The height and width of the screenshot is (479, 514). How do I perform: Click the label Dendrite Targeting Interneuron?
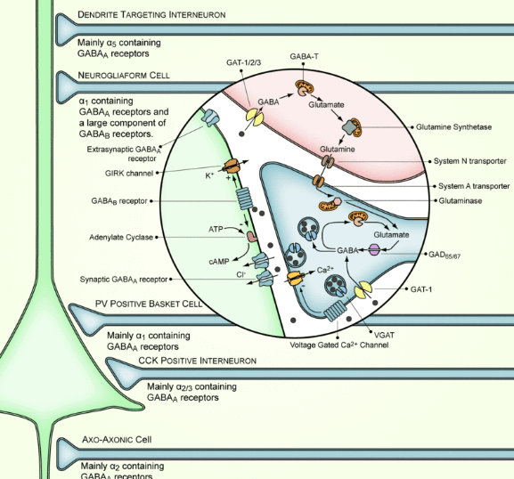[151, 15]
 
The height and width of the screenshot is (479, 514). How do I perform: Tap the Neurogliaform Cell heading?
[124, 76]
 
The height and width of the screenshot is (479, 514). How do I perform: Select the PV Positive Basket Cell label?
[149, 304]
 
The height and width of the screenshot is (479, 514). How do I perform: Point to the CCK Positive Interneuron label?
[198, 361]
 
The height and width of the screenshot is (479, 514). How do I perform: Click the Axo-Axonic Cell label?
[117, 439]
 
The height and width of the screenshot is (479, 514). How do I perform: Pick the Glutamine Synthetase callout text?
[453, 127]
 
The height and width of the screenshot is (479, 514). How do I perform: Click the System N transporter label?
[470, 161]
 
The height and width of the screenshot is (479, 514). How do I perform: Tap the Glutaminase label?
[461, 201]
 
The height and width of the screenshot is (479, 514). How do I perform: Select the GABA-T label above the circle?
[304, 57]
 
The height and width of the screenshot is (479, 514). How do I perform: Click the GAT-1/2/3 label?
[243, 62]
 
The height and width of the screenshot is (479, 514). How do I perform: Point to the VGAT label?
[384, 335]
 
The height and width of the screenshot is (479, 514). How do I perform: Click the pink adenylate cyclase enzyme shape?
[252, 237]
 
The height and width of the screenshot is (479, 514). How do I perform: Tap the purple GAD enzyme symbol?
[374, 250]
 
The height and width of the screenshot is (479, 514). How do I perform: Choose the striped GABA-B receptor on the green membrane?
[245, 199]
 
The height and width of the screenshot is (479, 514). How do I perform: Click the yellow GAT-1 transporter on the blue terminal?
[363, 289]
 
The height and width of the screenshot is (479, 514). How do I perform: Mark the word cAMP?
[218, 262]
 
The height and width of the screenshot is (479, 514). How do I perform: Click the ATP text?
[216, 230]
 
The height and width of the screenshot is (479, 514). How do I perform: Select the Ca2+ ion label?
[325, 270]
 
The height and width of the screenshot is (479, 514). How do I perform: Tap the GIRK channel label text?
[129, 174]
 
